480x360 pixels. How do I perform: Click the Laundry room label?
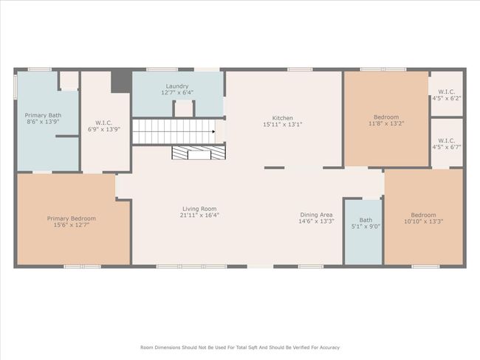coord(177,86)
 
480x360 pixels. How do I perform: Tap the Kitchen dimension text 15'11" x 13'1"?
coord(283,125)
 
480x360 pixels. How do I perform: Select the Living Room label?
coord(199,209)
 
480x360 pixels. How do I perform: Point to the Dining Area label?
coord(316,215)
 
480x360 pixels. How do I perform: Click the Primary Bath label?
coord(43,115)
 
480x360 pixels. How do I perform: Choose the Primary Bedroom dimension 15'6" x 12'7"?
coord(72,225)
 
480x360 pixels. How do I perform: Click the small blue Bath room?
coord(363,232)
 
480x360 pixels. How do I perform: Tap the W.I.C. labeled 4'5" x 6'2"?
coord(447,95)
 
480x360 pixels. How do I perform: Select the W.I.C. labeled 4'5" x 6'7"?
coord(447,144)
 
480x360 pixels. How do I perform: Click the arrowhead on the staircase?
coord(213,131)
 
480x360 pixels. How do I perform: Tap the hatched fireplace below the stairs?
coord(199,152)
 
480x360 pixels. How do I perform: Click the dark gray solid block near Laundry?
coord(121,81)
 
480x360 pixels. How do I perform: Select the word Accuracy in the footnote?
coord(329,347)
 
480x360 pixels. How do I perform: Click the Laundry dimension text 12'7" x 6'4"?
coord(177,92)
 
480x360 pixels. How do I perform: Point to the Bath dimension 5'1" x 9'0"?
coord(366,226)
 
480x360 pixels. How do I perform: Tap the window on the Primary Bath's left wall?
coord(15,86)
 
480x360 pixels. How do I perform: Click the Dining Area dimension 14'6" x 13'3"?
coord(316,221)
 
